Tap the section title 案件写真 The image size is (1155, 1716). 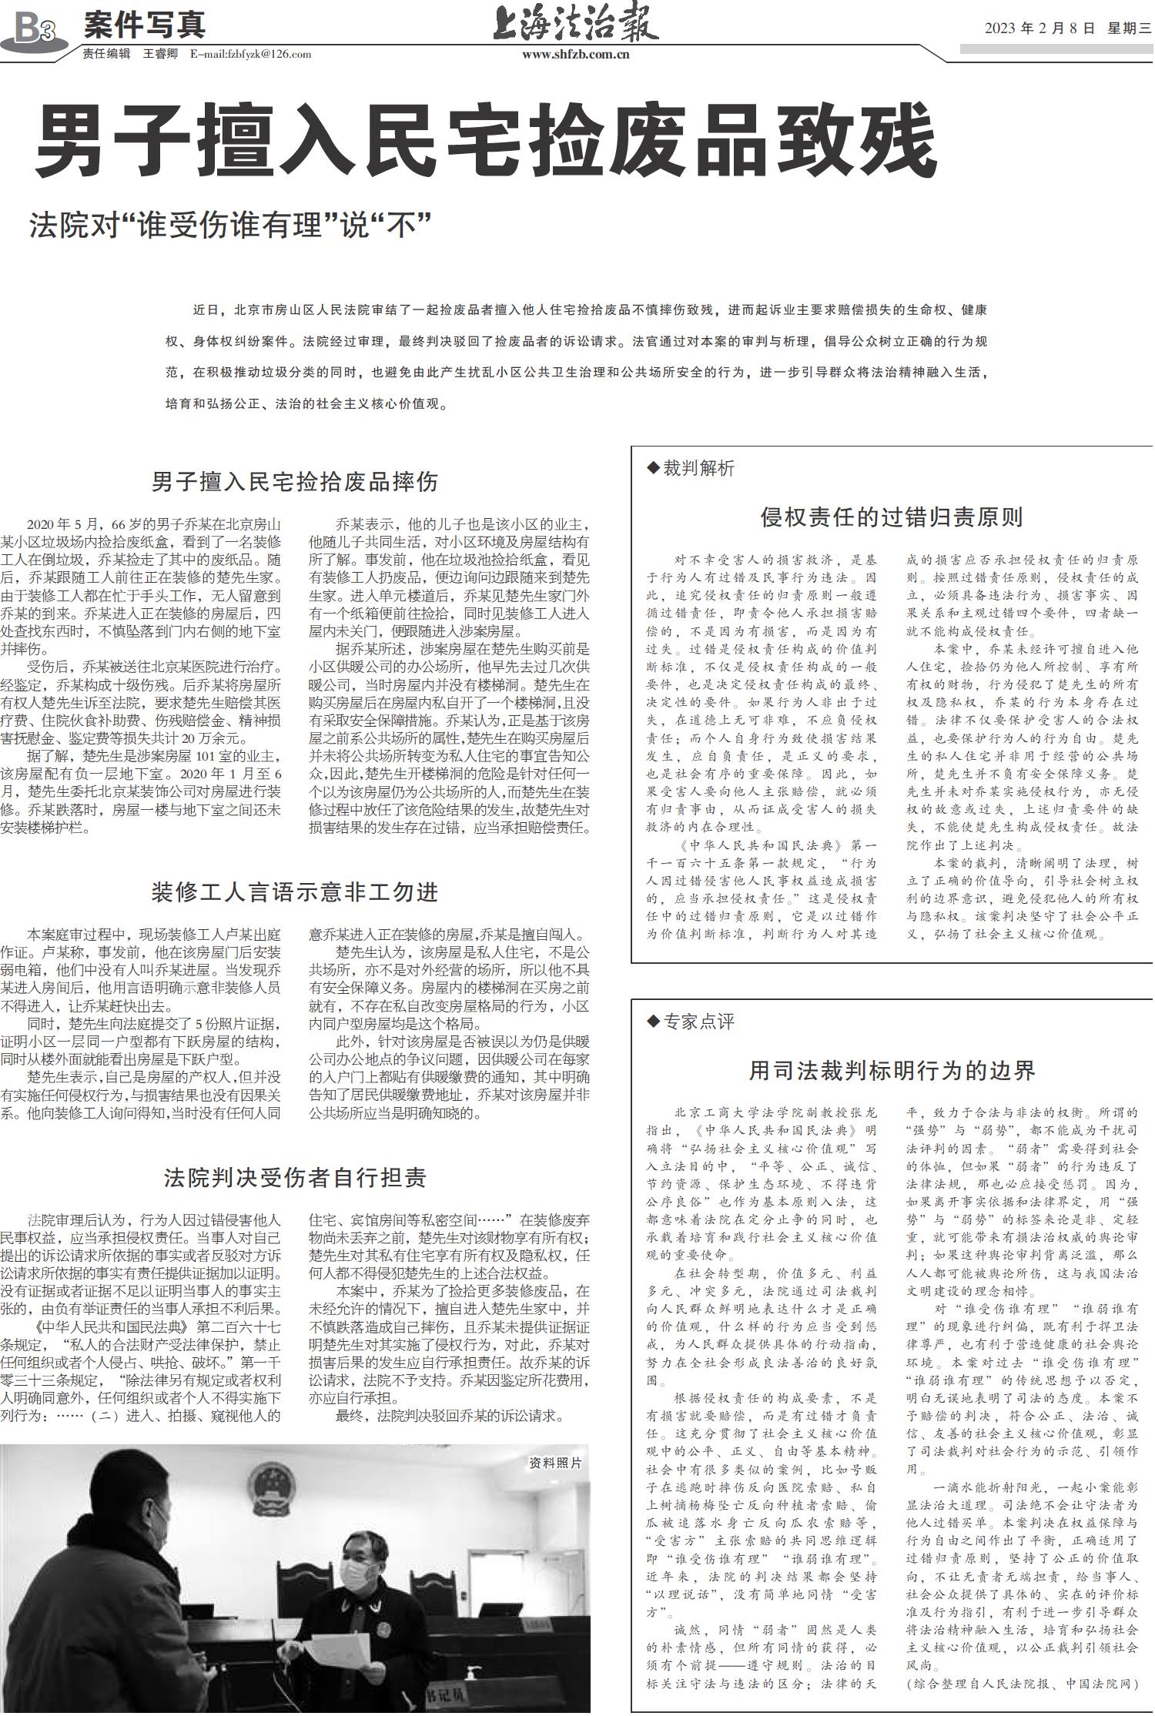[145, 25]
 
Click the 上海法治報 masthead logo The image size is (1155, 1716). [575, 24]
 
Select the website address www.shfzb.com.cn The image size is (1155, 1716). [575, 54]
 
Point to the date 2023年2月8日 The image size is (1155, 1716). [1039, 28]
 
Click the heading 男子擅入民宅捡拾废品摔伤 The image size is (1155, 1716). [294, 482]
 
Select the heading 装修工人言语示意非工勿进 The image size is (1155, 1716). [294, 891]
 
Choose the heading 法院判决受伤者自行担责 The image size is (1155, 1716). [294, 1177]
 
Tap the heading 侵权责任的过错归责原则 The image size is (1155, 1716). [891, 517]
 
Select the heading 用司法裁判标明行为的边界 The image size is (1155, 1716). [892, 1070]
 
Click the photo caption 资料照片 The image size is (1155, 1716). [555, 1462]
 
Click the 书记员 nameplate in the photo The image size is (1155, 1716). [446, 1694]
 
